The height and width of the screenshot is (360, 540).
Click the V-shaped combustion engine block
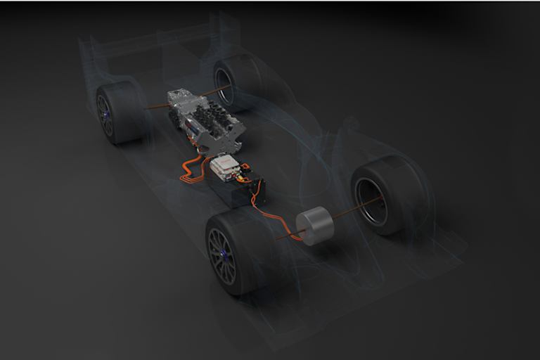(x=219, y=131)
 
